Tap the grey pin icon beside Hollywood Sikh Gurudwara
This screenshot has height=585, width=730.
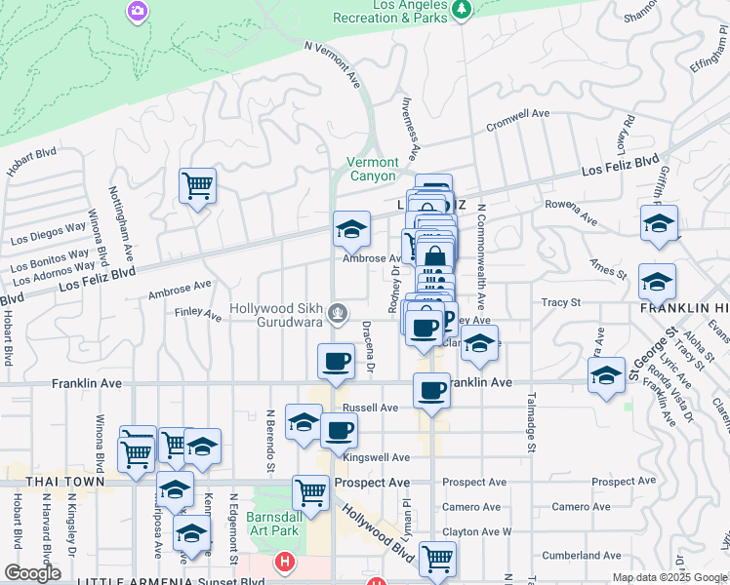[337, 313]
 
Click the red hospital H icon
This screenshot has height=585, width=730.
[284, 562]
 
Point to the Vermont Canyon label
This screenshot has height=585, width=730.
[373, 169]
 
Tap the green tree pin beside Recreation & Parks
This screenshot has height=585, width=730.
[462, 9]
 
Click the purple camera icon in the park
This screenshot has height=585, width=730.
[138, 11]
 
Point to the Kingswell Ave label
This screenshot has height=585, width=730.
[376, 456]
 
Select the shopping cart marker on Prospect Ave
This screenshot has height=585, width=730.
[310, 490]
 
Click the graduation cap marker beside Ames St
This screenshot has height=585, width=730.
[657, 280]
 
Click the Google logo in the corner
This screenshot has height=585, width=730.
[32, 573]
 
